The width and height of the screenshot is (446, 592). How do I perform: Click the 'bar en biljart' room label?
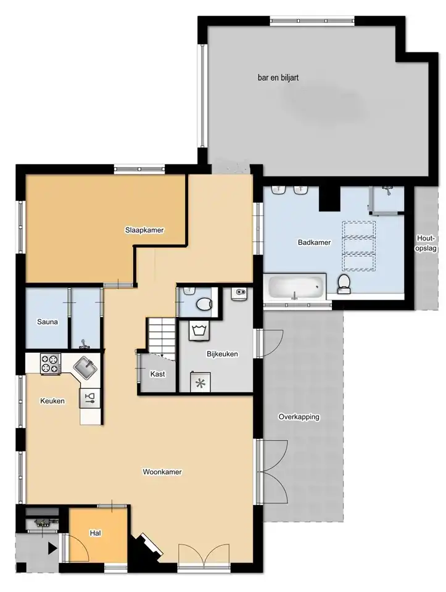point(278,78)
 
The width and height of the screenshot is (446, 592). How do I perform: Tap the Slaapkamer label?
point(144,230)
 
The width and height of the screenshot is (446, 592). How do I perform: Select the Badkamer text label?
point(314,242)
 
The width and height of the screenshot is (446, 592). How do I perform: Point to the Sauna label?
point(47,322)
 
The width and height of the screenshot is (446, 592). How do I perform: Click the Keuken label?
point(52,401)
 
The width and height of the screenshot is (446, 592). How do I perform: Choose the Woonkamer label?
point(162,472)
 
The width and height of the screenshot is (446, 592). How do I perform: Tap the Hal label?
point(95,533)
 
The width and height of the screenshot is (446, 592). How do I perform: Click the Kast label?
point(157,374)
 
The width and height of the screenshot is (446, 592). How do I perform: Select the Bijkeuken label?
point(222,354)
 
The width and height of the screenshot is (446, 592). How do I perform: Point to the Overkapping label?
point(299,417)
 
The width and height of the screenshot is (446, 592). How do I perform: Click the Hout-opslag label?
point(426,243)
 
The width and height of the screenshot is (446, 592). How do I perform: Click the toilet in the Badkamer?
point(344,284)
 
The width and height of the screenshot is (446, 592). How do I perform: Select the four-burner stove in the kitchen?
point(50,364)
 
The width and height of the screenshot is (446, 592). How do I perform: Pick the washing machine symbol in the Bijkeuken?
point(199,332)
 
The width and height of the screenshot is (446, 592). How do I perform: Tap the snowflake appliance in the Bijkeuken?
point(200,382)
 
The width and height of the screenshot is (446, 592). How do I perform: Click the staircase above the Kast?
point(161,337)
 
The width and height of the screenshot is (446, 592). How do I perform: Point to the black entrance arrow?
point(52,548)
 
